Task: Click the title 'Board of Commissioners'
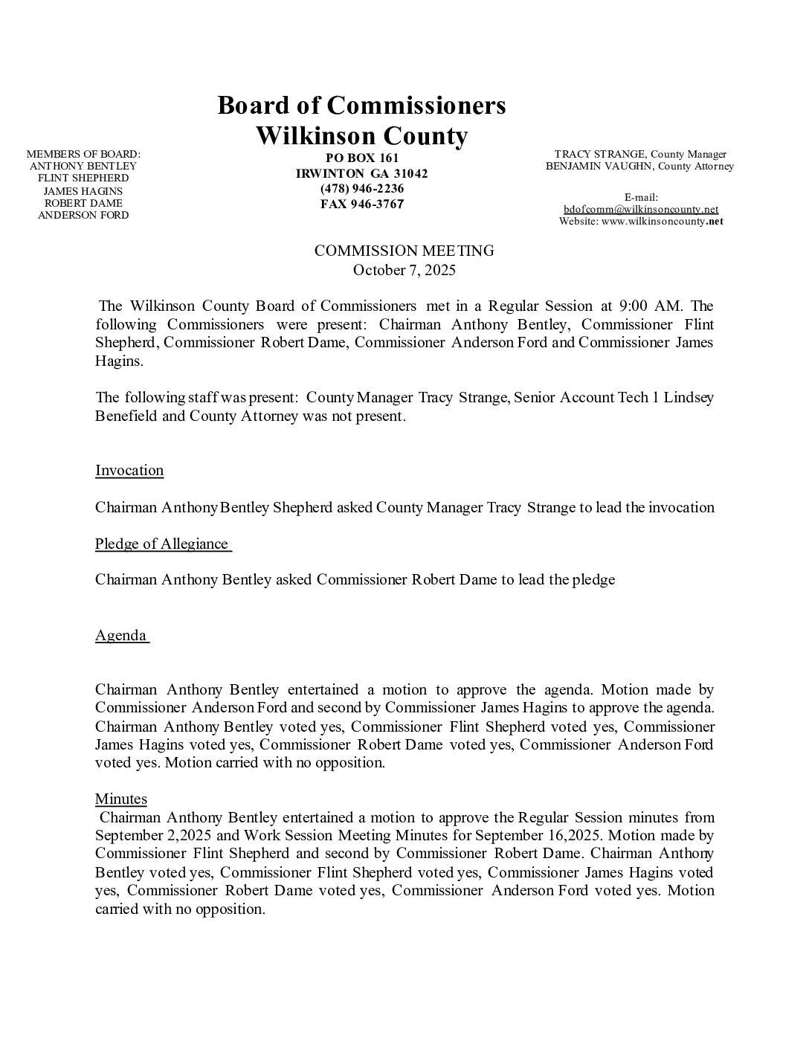[361, 106]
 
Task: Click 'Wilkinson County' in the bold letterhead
[361, 136]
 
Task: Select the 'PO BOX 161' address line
[362, 158]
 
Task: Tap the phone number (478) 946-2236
[362, 188]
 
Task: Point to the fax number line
[362, 204]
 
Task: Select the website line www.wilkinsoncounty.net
[641, 221]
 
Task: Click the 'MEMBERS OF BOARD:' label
[83, 154]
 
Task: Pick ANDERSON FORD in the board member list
[83, 215]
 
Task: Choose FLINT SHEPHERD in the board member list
[83, 178]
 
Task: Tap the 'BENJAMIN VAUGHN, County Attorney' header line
[639, 166]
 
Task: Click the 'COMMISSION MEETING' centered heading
[404, 251]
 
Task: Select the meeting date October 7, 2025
[404, 269]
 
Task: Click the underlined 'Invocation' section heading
[129, 470]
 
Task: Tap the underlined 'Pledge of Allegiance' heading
[162, 544]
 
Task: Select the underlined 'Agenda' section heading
[121, 635]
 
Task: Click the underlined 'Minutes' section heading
[121, 799]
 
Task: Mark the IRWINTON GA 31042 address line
[362, 173]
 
